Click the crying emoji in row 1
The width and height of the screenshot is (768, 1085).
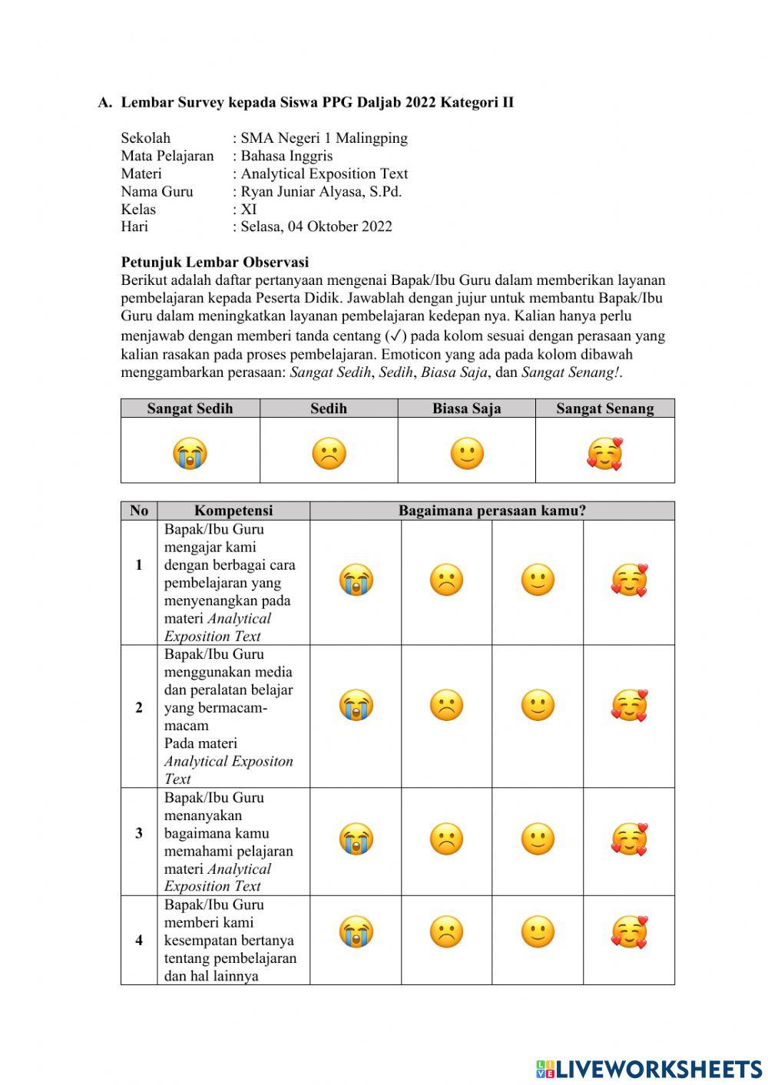pos(356,580)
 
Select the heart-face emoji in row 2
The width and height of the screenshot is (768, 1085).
pos(629,706)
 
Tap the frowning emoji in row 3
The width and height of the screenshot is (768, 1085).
pos(446,839)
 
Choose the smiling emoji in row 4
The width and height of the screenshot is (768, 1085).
pos(538,932)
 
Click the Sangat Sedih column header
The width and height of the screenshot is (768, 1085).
pos(190,409)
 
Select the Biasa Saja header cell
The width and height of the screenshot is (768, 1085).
pos(466,409)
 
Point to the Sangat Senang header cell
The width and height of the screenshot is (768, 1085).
pos(605,409)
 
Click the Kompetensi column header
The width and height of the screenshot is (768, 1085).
pos(233,511)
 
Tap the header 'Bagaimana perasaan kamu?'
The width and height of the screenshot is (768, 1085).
pos(492,511)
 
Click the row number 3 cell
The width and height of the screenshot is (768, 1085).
pos(139,833)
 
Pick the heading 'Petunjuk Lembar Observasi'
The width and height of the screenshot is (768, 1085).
pos(215,262)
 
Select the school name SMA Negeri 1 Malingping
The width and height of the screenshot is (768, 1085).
pos(324,138)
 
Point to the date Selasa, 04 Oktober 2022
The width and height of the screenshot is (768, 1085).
pos(316,227)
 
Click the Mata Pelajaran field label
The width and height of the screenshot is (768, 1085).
pos(167,156)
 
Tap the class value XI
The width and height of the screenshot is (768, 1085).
pos(249,209)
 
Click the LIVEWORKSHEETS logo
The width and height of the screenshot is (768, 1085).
pos(649,1069)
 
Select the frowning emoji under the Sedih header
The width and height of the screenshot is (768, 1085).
pos(329,453)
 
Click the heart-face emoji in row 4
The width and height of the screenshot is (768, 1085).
pos(629,932)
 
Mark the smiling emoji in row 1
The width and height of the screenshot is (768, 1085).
pos(538,580)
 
